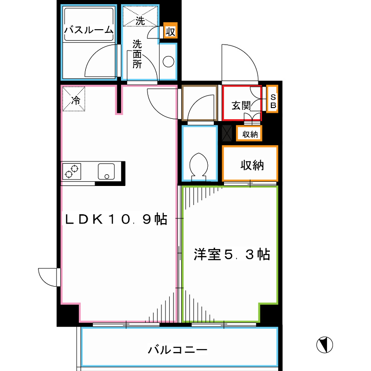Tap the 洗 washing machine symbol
coord(140,20)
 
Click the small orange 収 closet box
coord(170,32)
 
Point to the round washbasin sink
coord(168,62)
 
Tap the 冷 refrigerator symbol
coord(75,99)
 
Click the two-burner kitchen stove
coord(71,171)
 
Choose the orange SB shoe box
coord(273,100)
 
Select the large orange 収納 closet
coord(251,165)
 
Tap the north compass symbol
coord(325,344)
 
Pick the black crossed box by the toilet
coord(227,133)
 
